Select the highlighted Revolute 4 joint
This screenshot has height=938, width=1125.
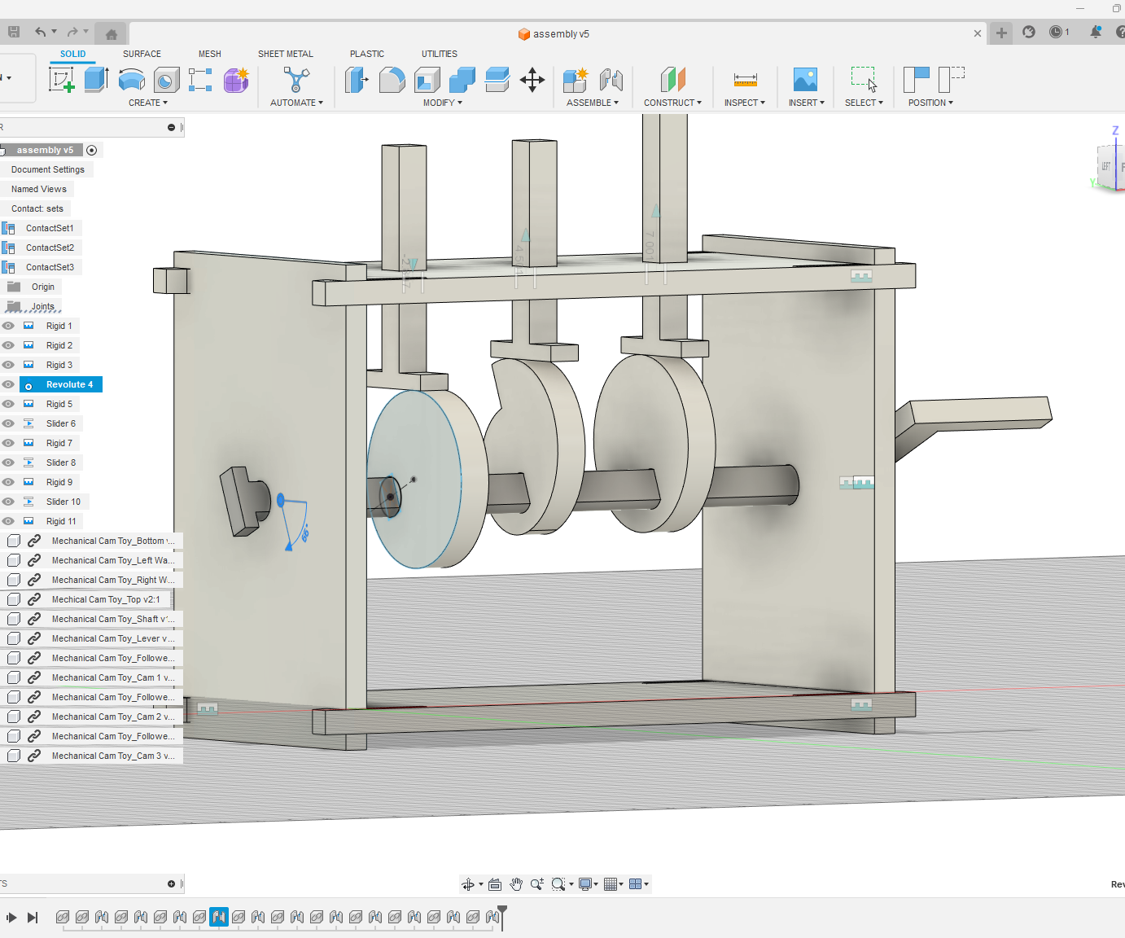pos(68,384)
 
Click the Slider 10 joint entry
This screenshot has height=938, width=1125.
pos(63,502)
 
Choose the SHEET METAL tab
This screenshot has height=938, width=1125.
pos(285,54)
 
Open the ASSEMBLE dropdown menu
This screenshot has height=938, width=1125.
pos(592,103)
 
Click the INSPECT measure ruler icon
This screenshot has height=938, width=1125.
pos(745,80)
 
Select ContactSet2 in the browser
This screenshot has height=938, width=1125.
pos(50,248)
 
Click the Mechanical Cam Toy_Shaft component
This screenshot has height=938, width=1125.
pos(112,619)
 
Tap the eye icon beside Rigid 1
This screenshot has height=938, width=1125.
pos(9,326)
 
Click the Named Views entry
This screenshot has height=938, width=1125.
pos(38,189)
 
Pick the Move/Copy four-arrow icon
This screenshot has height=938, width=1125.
pos(532,80)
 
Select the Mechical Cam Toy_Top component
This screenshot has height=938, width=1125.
pos(105,599)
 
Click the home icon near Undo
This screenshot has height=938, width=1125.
pos(112,34)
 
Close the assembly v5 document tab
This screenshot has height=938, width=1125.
pos(977,33)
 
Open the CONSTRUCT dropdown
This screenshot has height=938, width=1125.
pos(672,103)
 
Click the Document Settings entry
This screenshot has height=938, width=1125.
pos(47,169)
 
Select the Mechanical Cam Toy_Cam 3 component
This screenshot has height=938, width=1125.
pos(112,756)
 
